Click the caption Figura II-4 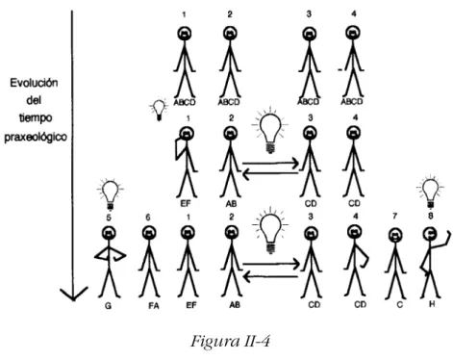(x=231, y=341)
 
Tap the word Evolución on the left (x=34, y=83)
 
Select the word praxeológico (x=36, y=137)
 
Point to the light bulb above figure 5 (x=111, y=193)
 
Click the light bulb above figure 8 (x=431, y=192)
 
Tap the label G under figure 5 (x=108, y=306)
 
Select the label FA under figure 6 (x=154, y=306)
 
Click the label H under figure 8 (x=432, y=303)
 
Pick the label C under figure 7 (x=399, y=304)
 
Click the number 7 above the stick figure (x=394, y=217)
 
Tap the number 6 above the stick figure (x=148, y=218)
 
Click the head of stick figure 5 (x=109, y=233)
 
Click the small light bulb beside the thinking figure (x=159, y=110)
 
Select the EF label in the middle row (x=186, y=203)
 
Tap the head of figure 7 (x=395, y=235)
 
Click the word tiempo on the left (x=36, y=118)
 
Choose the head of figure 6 (x=148, y=233)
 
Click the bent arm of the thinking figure (x=176, y=148)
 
